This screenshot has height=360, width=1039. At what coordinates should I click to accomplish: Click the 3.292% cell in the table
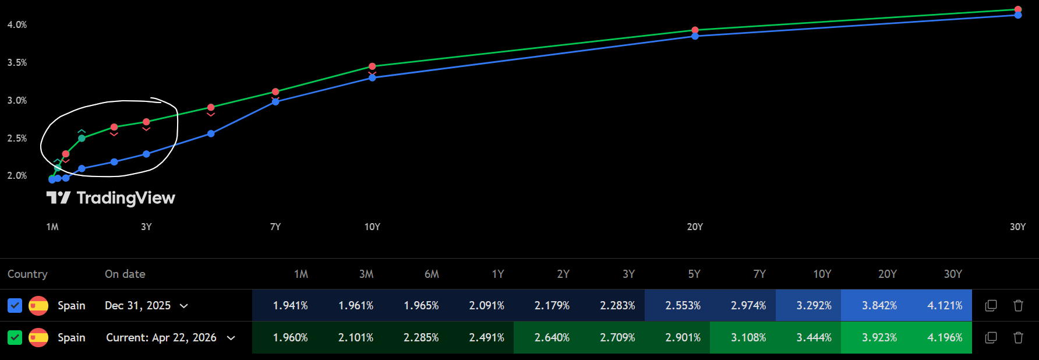(x=814, y=305)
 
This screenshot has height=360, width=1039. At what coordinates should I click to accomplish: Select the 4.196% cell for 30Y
(x=945, y=337)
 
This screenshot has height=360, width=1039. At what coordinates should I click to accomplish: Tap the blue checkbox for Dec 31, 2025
(x=15, y=305)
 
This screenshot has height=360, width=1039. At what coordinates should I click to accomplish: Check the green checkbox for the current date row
(x=15, y=337)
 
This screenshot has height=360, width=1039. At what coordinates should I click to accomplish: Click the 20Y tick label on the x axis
(x=695, y=227)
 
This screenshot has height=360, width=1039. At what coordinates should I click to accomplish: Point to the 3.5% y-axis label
(x=17, y=62)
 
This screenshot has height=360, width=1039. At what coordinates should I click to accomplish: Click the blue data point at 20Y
(x=695, y=36)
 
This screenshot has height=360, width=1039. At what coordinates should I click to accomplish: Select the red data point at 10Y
(x=372, y=66)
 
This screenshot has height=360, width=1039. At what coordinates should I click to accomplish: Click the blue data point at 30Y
(x=1017, y=15)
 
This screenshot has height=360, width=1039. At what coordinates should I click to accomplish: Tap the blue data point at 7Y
(x=275, y=102)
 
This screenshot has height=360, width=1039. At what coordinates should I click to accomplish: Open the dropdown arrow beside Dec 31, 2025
(x=184, y=306)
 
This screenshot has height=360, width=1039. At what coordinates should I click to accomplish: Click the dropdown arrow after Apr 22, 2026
(x=231, y=338)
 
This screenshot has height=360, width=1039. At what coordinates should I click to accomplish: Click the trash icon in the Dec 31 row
(x=1018, y=305)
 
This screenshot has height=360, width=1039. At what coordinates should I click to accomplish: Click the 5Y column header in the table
(x=694, y=274)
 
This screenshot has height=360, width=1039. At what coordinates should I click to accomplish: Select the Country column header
(x=27, y=274)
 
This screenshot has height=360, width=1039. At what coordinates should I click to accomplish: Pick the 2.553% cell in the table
(x=683, y=305)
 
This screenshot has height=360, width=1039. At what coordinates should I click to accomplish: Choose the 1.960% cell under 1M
(x=290, y=337)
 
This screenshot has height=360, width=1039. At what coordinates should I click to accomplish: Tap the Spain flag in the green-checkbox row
(x=38, y=337)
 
